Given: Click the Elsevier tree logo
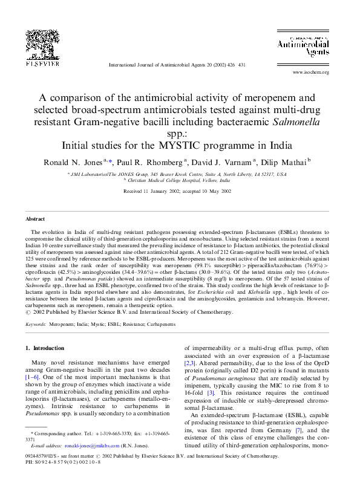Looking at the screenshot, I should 41,42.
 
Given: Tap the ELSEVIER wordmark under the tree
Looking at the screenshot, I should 42,63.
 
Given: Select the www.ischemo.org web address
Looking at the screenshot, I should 310,73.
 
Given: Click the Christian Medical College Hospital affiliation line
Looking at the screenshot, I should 180,180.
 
